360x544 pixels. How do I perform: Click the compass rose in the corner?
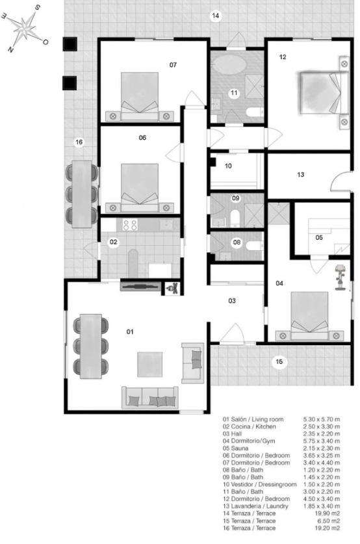tap(25, 28)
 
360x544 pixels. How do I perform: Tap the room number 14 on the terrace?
tap(216, 16)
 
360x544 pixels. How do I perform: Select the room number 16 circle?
tap(79, 142)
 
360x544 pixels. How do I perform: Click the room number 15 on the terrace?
tap(279, 362)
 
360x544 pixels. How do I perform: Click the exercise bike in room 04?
tap(341, 278)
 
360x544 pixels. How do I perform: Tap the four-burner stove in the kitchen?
tap(130, 225)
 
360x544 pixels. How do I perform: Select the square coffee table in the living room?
tap(150, 364)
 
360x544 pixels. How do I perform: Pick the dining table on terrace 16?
tap(82, 194)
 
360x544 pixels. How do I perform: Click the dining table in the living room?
tap(90, 346)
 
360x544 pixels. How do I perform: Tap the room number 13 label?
tap(301, 175)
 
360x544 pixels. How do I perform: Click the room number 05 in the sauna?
tap(319, 238)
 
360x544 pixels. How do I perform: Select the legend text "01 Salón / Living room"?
tap(253, 419)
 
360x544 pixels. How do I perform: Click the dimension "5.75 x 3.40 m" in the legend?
tap(322, 441)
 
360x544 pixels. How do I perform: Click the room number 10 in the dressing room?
tap(228, 166)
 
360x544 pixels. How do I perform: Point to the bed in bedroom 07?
tap(140, 96)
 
